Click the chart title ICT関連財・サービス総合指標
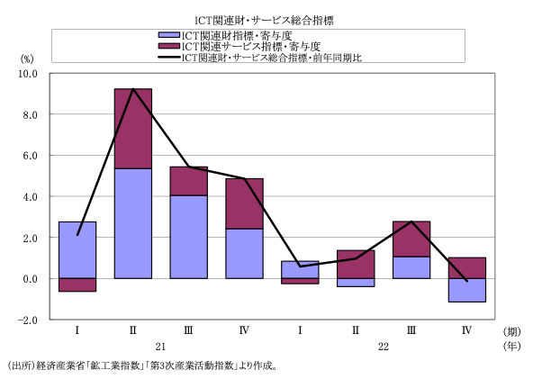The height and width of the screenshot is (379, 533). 264,21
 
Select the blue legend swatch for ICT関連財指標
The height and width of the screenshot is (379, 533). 169,35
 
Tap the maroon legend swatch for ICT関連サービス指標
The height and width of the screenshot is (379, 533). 169,46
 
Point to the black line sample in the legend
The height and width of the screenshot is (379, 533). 169,57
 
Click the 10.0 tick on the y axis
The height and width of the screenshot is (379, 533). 28,74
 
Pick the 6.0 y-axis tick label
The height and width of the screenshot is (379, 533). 31,156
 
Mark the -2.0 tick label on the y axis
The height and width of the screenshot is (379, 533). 28,320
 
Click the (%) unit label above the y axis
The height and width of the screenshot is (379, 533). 27,59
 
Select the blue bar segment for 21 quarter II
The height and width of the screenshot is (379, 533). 133,223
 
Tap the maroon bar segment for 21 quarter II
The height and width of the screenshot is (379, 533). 133,129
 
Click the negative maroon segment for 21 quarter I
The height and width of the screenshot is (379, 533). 77,284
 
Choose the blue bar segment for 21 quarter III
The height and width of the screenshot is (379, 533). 189,237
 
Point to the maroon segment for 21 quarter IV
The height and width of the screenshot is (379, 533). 244,203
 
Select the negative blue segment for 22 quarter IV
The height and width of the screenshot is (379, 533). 467,290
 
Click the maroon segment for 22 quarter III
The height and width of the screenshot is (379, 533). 411,239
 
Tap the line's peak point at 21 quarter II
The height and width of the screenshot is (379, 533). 133,89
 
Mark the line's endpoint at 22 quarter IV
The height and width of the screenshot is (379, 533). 467,281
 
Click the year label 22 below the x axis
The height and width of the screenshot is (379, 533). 384,347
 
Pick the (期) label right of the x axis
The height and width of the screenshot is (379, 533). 511,331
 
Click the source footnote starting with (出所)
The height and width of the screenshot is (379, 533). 142,366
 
